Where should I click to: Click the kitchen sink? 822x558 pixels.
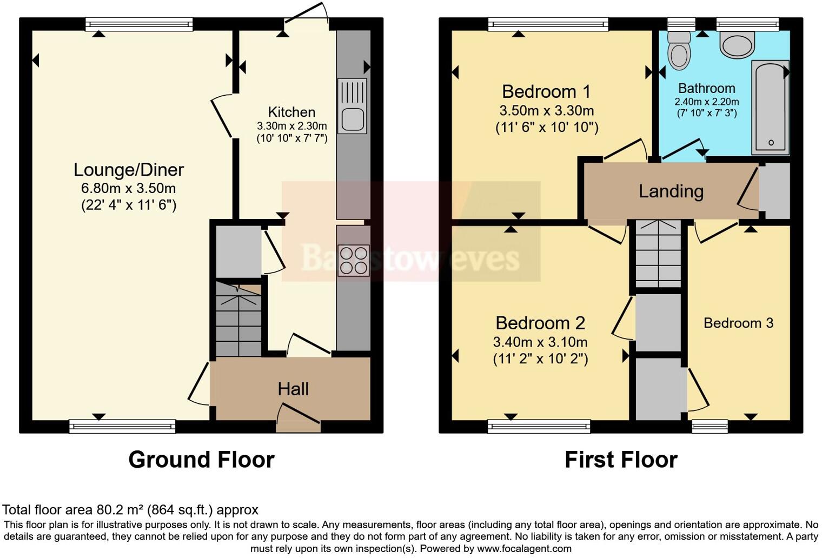point(352,107)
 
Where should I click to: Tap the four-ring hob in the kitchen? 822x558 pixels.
point(353,261)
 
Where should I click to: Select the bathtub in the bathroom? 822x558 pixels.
point(770,108)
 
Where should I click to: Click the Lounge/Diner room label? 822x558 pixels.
point(129,170)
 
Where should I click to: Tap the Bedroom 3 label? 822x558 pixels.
point(738,323)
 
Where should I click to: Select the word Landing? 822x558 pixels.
point(671,191)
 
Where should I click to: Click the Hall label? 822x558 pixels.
point(293,389)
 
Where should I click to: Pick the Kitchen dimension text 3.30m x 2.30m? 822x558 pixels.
point(291,126)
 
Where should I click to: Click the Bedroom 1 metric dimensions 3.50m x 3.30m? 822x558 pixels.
point(546,111)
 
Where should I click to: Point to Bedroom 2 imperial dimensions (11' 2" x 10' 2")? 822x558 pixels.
point(540,358)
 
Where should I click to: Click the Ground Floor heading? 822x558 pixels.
point(201,460)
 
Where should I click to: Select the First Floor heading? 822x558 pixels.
point(621,460)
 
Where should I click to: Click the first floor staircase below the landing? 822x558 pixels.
point(658,254)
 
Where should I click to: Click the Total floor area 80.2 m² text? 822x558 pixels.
point(130,509)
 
